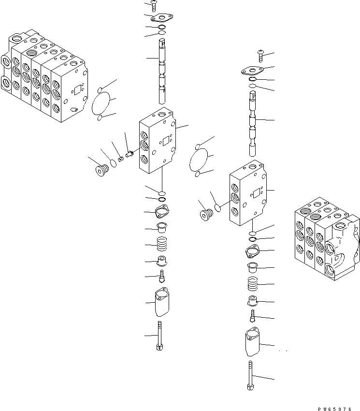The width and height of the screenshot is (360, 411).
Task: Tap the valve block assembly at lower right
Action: [x=326, y=242]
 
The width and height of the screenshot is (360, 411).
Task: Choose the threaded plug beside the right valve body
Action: [x=206, y=214]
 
